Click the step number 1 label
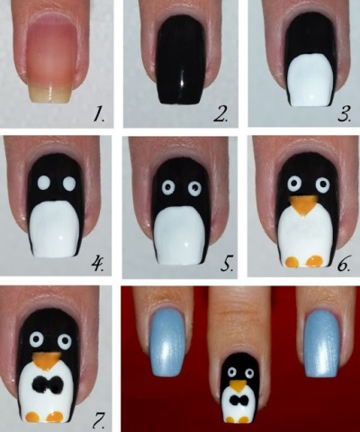point(98,114)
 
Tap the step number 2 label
point(220,114)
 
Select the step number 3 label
point(344,114)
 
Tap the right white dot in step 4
point(69,183)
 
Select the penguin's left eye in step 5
point(168,188)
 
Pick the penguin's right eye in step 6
point(323,184)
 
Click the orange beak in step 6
point(302,205)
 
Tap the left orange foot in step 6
point(292,262)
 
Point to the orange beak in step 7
point(47,360)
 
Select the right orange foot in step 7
point(55,417)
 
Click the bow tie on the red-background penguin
point(239,400)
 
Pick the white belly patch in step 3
point(309,81)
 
